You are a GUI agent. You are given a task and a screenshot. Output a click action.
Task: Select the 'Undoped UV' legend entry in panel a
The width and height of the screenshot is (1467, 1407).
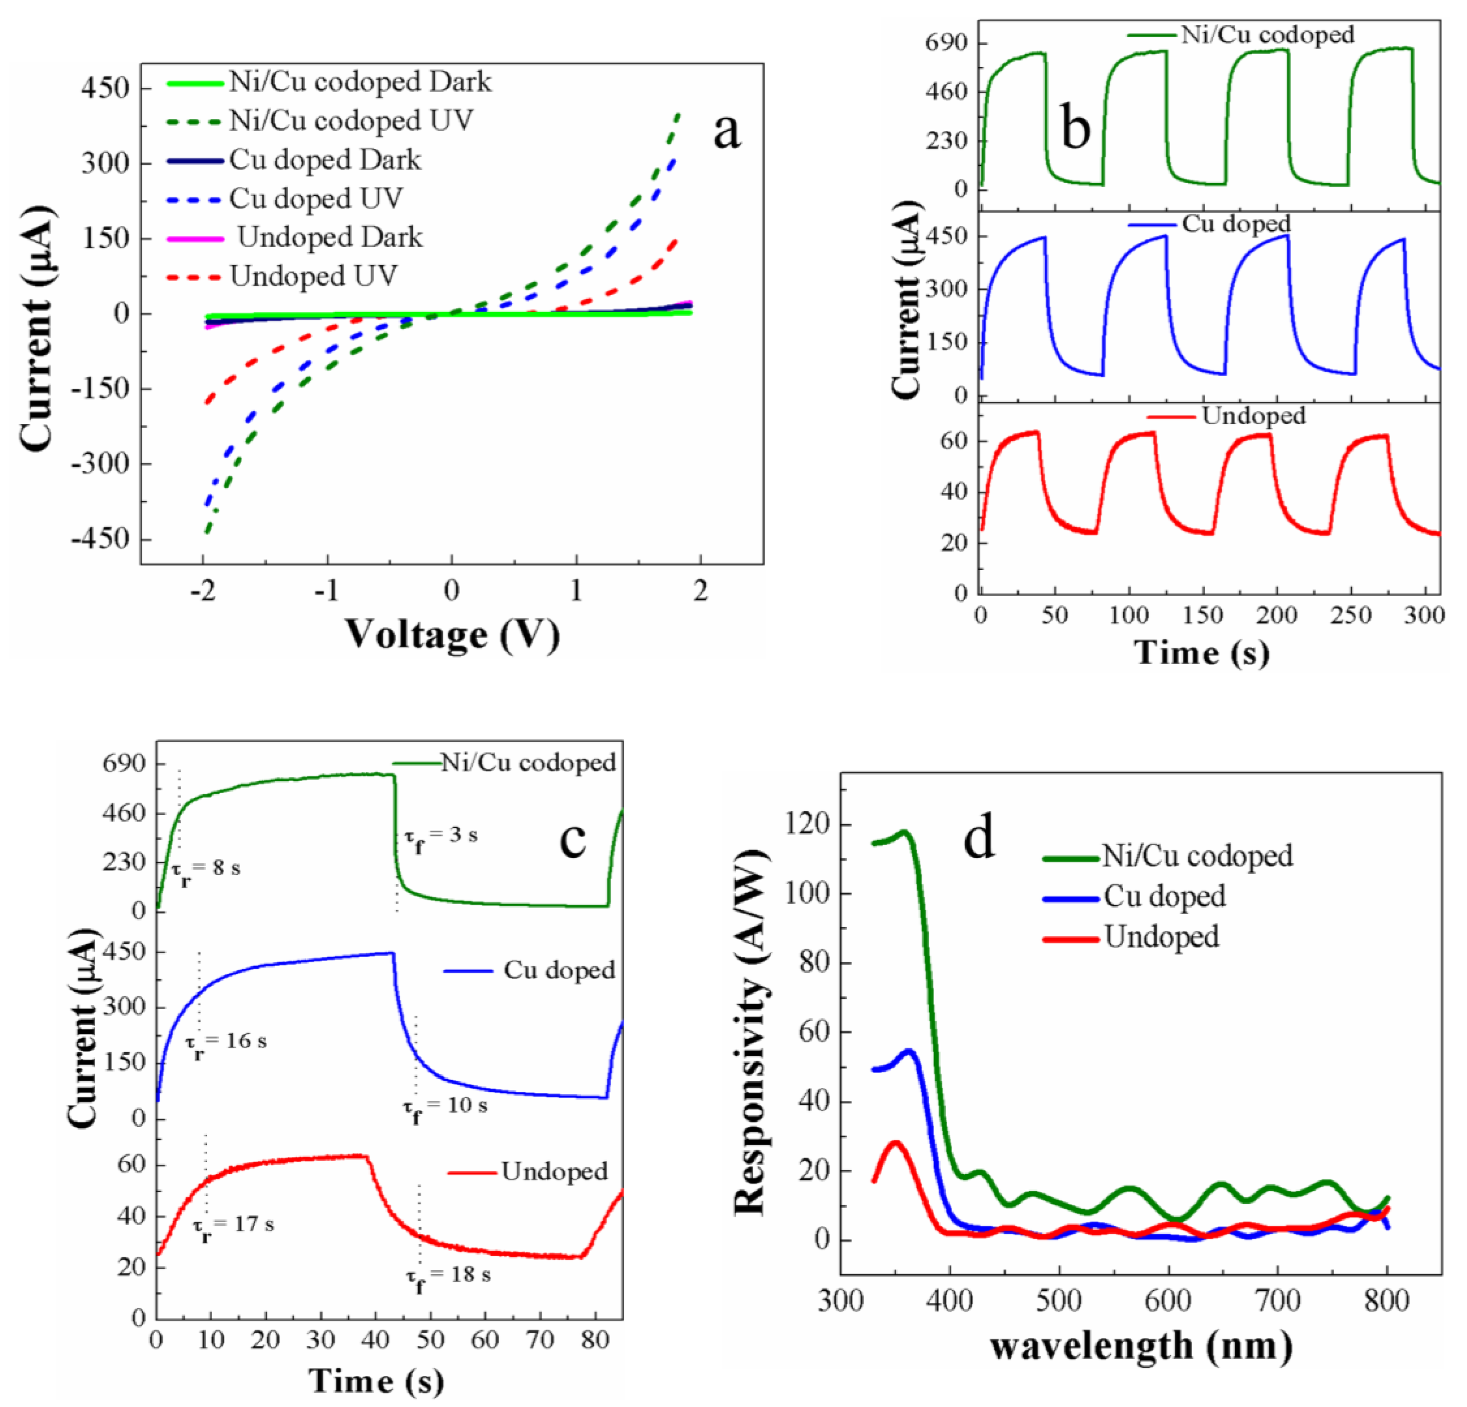313,276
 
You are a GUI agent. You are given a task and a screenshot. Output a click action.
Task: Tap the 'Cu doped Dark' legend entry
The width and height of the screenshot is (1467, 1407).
325,160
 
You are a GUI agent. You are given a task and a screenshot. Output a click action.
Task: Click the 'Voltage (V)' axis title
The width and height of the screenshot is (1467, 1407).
452,634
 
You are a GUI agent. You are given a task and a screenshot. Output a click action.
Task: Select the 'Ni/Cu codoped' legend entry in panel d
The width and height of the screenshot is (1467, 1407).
1197,855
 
